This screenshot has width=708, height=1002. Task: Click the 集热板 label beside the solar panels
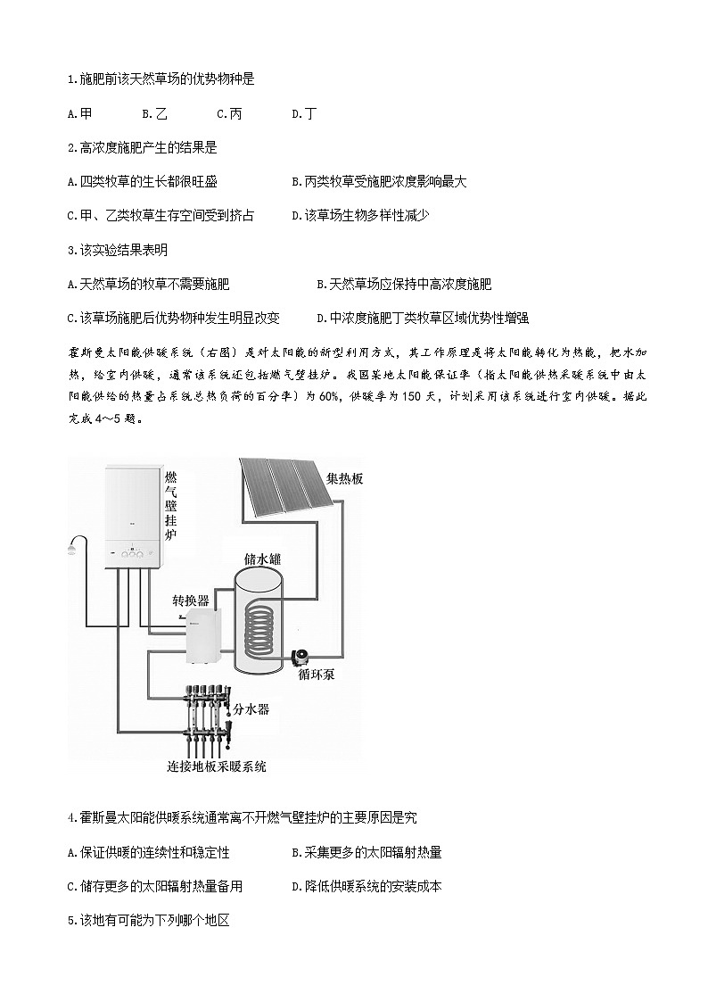pyautogui.click(x=344, y=478)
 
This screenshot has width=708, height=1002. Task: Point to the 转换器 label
pyautogui.click(x=191, y=600)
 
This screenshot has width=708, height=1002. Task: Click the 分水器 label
pyautogui.click(x=251, y=708)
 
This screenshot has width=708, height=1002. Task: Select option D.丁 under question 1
pyautogui.click(x=304, y=113)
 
